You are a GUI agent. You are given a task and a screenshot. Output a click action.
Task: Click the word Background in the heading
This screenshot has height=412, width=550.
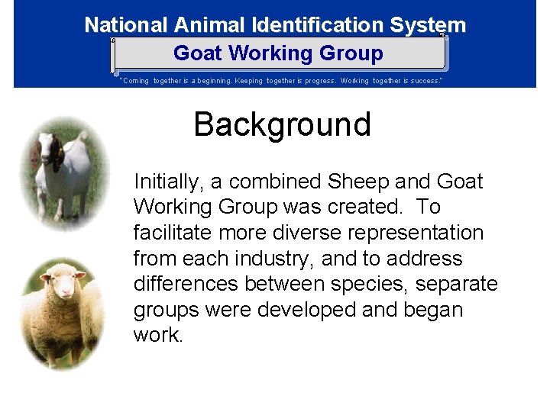click(282, 124)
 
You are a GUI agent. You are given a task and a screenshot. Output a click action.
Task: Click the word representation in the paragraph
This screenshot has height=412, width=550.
click(410, 233)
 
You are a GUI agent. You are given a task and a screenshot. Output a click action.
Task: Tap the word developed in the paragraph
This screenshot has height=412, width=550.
click(293, 311)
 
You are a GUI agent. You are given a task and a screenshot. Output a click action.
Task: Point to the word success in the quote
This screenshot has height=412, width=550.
click(424, 80)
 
